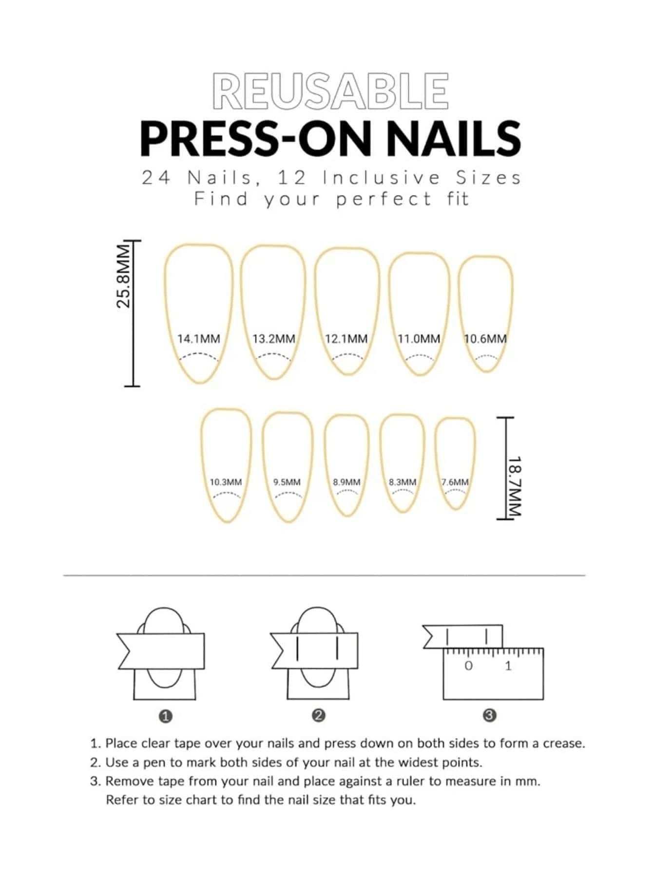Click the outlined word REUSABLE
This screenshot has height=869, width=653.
tap(330, 91)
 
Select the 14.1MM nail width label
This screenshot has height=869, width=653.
tap(198, 338)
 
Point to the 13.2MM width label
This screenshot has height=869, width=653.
tap(274, 338)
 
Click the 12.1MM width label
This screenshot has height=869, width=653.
tap(346, 338)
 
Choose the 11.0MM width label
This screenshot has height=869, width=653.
tap(419, 338)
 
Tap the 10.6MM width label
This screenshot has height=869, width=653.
tap(485, 338)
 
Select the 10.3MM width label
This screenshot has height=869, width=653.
tap(226, 482)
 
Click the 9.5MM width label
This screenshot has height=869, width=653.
tap(287, 482)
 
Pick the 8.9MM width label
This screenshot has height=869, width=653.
tap(347, 482)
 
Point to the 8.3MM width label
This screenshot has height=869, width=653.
tap(403, 482)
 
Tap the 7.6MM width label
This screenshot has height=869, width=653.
tap(455, 482)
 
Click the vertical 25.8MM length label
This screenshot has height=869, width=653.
tap(124, 277)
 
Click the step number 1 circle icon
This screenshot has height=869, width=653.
tap(166, 716)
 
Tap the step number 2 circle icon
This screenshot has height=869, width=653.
tap(318, 716)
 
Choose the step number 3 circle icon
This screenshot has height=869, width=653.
tap(489, 716)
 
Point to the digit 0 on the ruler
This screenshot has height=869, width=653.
tap(468, 666)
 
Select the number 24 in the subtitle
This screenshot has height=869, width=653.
tap(156, 178)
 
